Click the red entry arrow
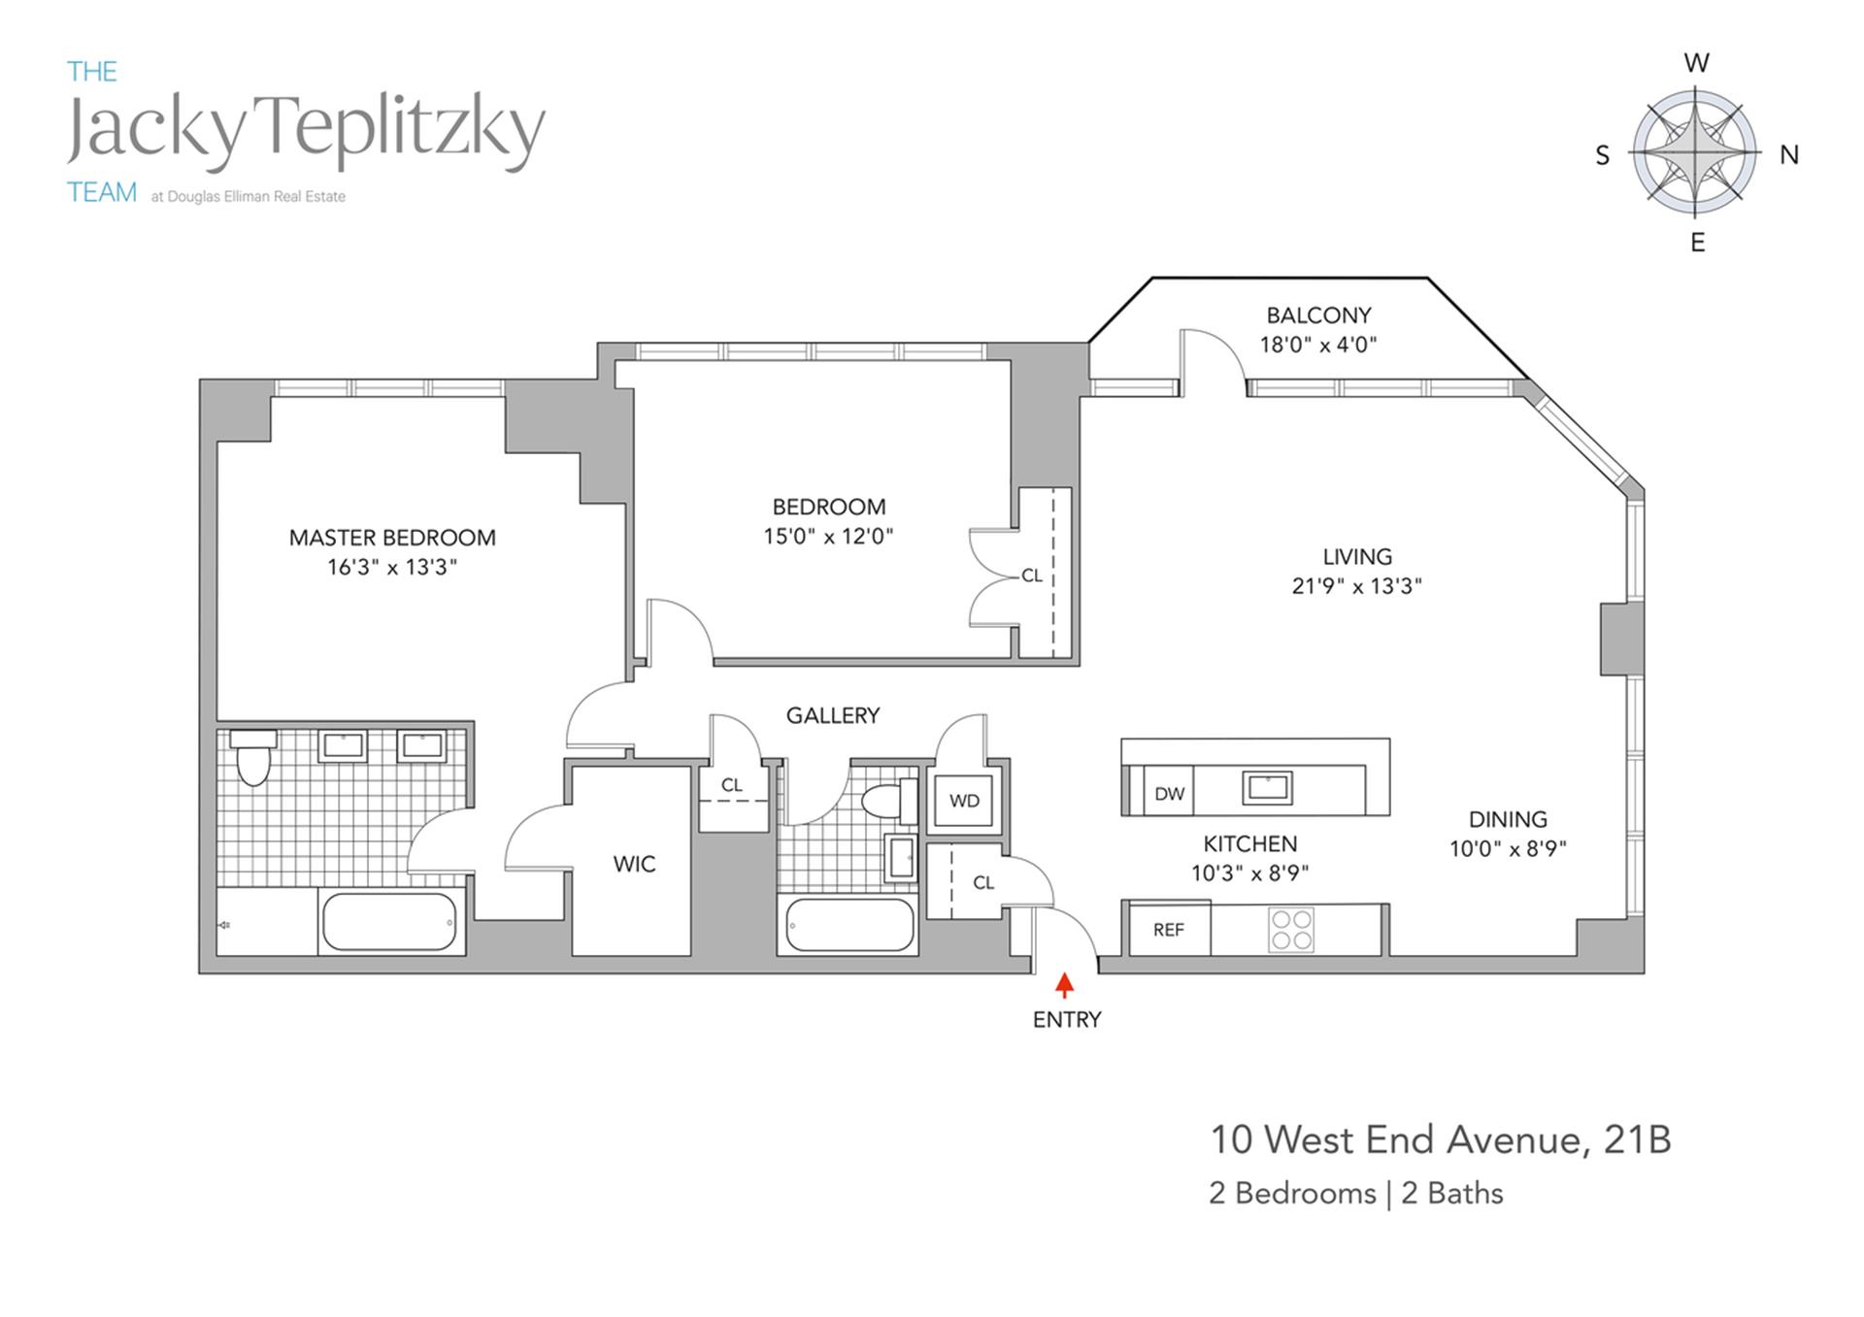[x=1064, y=985]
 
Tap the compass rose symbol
[x=1694, y=152]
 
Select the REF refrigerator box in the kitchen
[x=1169, y=930]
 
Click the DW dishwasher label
[x=1169, y=793]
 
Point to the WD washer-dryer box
[x=964, y=801]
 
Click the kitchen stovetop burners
[x=1291, y=929]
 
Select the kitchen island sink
[x=1267, y=787]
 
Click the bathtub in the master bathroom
[x=389, y=921]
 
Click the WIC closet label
[x=634, y=864]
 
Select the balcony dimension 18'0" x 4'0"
[x=1317, y=345]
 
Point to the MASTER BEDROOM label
[x=392, y=538]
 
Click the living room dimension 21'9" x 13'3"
[x=1356, y=585]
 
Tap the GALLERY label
[x=832, y=715]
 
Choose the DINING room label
[x=1508, y=819]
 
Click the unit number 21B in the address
[x=1637, y=1139]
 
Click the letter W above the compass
[x=1696, y=64]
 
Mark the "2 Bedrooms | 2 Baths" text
[x=1355, y=1193]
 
